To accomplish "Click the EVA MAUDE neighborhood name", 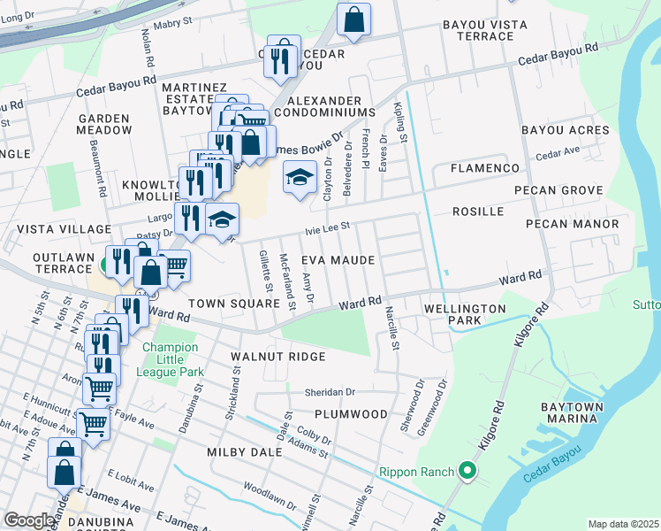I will tap(338, 260).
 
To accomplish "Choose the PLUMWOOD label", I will tap(351, 413).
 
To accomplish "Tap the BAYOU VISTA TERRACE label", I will tap(478, 30).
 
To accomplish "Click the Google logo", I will tap(29, 520).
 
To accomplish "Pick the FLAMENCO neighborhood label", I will tap(485, 167).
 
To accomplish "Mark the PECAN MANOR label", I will tap(572, 224).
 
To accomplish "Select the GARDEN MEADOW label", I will tap(104, 124).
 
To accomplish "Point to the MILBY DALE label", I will tap(244, 452).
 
